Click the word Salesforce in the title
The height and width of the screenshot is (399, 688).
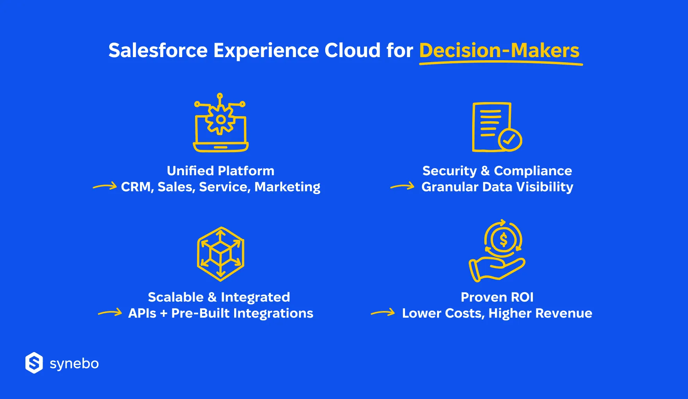(158, 50)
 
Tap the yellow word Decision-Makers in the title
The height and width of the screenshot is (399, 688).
(499, 50)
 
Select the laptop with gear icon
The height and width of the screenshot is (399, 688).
(221, 122)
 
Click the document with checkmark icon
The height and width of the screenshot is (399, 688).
(497, 127)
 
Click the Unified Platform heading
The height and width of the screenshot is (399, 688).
(220, 171)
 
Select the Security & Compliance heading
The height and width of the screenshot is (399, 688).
(497, 171)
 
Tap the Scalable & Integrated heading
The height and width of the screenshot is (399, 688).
(219, 297)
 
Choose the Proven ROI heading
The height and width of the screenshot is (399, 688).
(497, 297)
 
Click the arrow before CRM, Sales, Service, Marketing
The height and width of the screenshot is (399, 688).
(105, 186)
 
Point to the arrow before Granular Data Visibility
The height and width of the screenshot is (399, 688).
(402, 186)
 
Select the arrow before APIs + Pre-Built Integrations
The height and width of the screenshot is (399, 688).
(110, 313)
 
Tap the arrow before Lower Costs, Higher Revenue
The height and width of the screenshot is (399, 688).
(383, 313)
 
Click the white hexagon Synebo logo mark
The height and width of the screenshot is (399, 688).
(34, 363)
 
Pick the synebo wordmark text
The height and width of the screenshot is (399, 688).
(74, 364)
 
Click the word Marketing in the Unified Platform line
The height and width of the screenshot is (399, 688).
(287, 187)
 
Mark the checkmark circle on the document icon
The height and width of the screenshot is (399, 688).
(510, 140)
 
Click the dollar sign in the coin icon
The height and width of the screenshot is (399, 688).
(503, 239)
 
